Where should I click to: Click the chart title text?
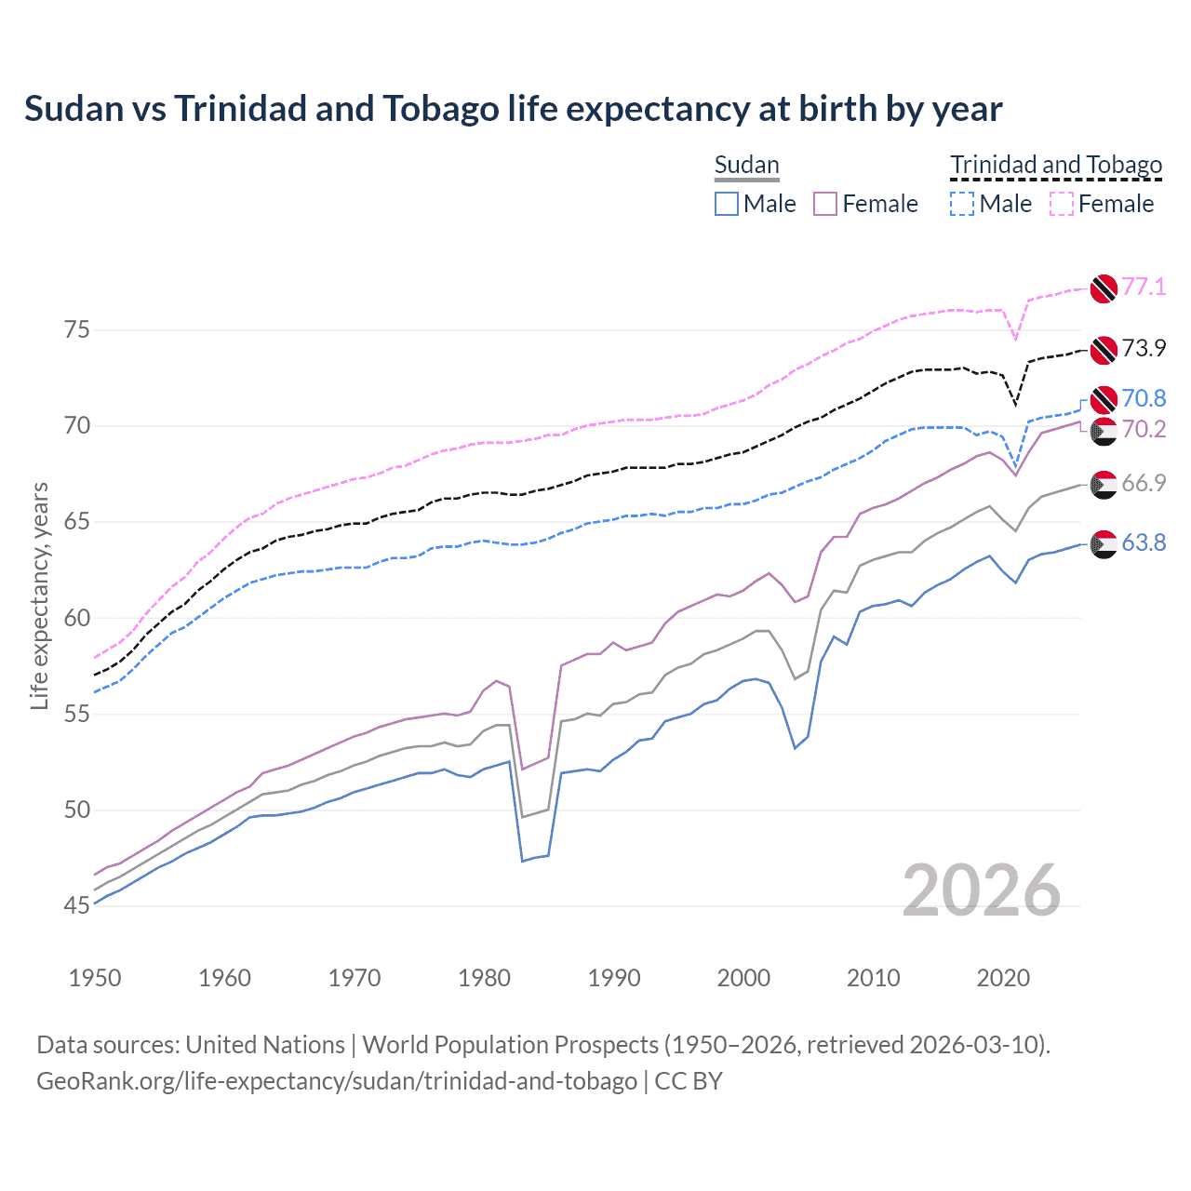513,109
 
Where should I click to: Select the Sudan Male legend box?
727,204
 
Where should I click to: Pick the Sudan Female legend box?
825,204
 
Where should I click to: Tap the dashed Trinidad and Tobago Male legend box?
962,204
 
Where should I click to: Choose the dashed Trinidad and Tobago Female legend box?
1062,204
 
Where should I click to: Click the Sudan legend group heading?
746,165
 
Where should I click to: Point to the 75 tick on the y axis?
77,330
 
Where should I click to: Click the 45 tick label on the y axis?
77,905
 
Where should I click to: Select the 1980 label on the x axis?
485,978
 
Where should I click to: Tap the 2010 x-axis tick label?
873,978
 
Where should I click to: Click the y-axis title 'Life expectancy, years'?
39,595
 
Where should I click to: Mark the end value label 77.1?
1144,287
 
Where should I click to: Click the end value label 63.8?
1144,542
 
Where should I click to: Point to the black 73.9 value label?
1144,348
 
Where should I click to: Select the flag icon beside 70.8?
1104,399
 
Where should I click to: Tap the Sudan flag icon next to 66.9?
1104,484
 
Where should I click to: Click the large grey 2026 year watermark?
982,890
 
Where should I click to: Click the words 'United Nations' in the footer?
265,1045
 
